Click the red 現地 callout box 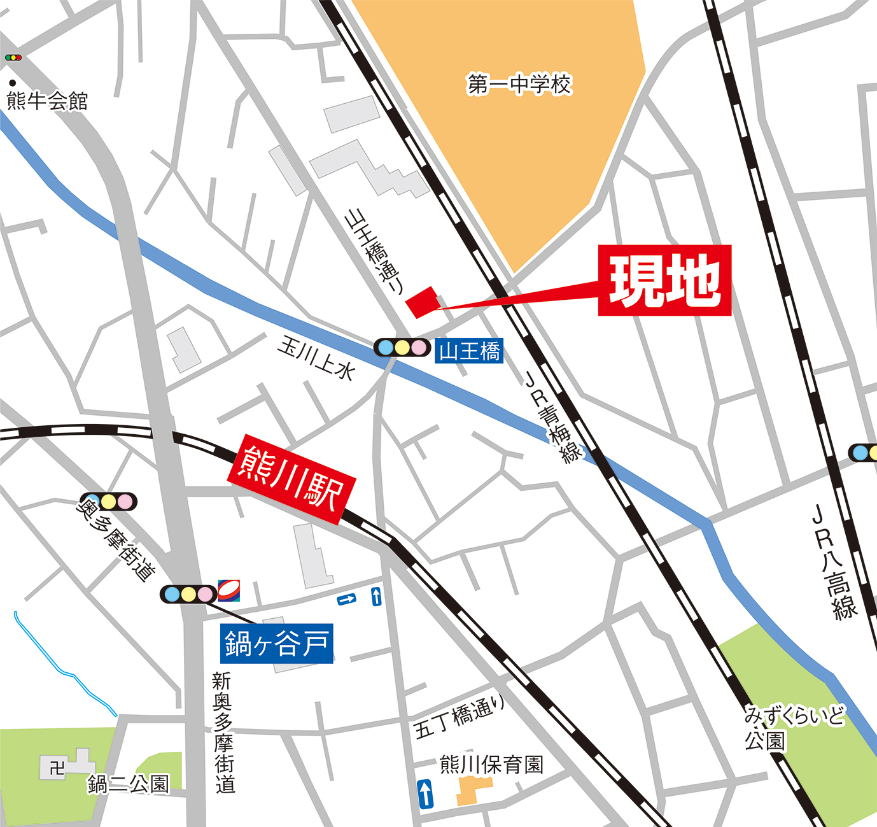pyautogui.click(x=664, y=280)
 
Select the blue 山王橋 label pyautogui.click(x=469, y=351)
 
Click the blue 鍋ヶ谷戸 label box pyautogui.click(x=277, y=644)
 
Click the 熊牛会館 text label pyautogui.click(x=47, y=101)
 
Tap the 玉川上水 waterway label pyautogui.click(x=316, y=358)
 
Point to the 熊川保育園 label pyautogui.click(x=491, y=764)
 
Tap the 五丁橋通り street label pyautogui.click(x=460, y=716)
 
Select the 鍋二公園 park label pyautogui.click(x=128, y=784)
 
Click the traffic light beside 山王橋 pyautogui.click(x=402, y=348)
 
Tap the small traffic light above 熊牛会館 pyautogui.click(x=13, y=58)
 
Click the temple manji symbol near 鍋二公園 pyautogui.click(x=57, y=768)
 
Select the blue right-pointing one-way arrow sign pyautogui.click(x=347, y=599)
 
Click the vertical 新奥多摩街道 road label pyautogui.click(x=223, y=732)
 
